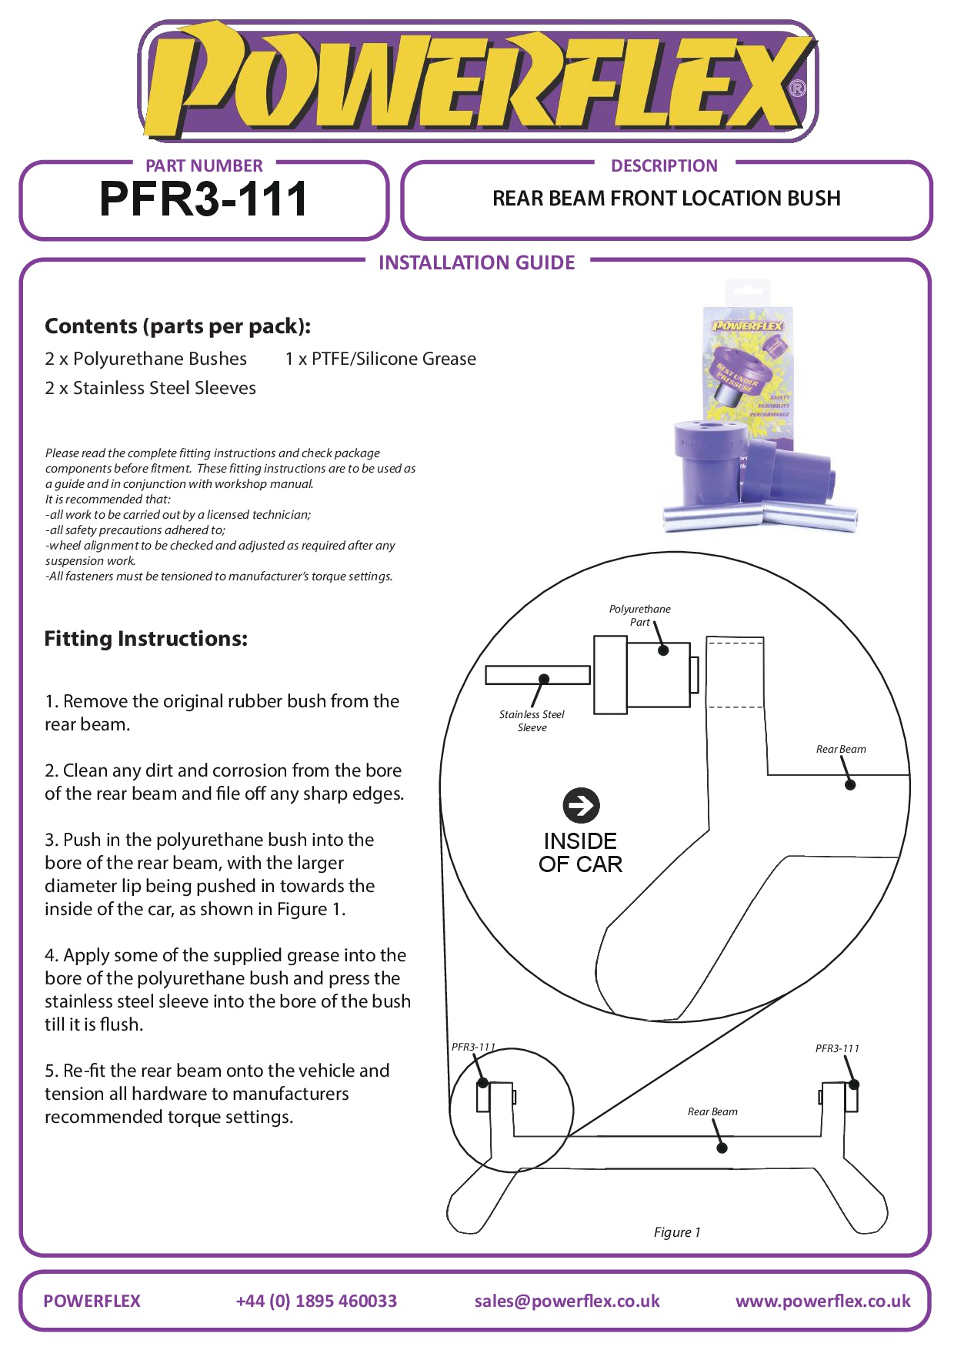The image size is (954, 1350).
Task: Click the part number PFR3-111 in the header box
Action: pyautogui.click(x=204, y=199)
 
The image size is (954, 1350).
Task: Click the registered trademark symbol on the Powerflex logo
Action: pyautogui.click(x=798, y=89)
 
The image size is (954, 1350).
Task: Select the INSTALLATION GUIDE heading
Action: pyautogui.click(x=476, y=263)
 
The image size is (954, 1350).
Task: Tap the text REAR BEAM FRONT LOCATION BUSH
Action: pyautogui.click(x=666, y=199)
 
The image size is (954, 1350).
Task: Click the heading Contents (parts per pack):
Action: pyautogui.click(x=178, y=326)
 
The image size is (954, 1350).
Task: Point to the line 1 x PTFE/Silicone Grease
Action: pyautogui.click(x=380, y=359)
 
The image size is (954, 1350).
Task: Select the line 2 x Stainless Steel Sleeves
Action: pyautogui.click(x=150, y=388)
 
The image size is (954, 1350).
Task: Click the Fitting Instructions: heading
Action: pyautogui.click(x=146, y=639)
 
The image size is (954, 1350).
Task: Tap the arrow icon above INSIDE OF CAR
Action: pyautogui.click(x=581, y=805)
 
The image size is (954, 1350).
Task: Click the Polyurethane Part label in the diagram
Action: pyautogui.click(x=639, y=615)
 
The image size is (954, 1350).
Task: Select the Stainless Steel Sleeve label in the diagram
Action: pyautogui.click(x=532, y=721)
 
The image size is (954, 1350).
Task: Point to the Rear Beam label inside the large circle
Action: pyautogui.click(x=841, y=749)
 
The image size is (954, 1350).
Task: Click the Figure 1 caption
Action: pyautogui.click(x=677, y=1232)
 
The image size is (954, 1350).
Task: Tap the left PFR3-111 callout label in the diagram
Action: pyautogui.click(x=473, y=1047)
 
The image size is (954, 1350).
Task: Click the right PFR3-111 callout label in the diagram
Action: pyautogui.click(x=837, y=1048)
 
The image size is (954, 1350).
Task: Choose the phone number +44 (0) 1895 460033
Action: pyautogui.click(x=316, y=1301)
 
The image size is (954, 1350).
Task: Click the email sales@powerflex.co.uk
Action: pyautogui.click(x=567, y=1301)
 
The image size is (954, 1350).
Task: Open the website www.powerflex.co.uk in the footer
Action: pyautogui.click(x=822, y=1301)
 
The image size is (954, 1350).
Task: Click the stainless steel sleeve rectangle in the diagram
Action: pyautogui.click(x=537, y=675)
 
